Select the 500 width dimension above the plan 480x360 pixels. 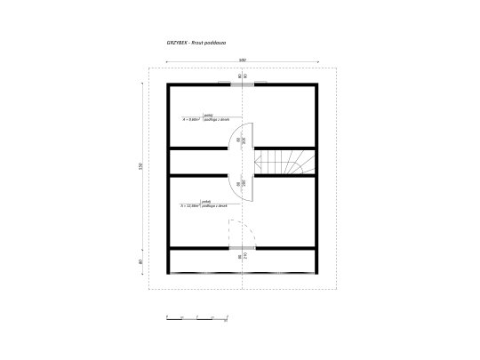tap(242, 60)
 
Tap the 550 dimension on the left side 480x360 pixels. tap(140, 168)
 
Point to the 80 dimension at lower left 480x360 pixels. tap(140, 262)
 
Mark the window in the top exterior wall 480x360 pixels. tap(243, 84)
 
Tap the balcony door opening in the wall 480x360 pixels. tap(243, 248)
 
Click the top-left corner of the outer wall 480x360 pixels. tap(169, 84)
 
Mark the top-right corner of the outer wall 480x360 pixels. tap(316, 84)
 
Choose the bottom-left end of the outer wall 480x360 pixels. tap(169, 271)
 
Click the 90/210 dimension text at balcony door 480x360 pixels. tap(241, 258)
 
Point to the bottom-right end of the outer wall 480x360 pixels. tap(316, 271)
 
